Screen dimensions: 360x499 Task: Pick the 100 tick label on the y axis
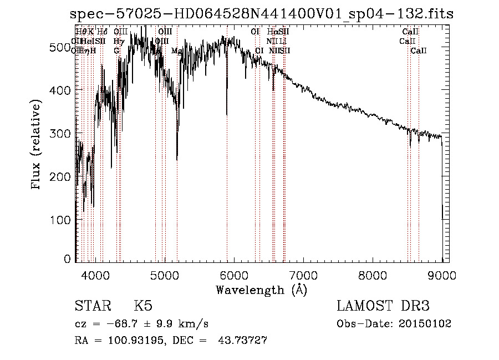pyautogui.click(x=63, y=220)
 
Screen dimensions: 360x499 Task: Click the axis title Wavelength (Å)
pyautogui.click(x=261, y=290)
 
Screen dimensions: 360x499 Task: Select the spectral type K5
pyautogui.click(x=143, y=306)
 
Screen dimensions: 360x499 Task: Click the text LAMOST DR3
pyautogui.click(x=383, y=306)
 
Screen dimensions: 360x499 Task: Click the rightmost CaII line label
pyautogui.click(x=419, y=50)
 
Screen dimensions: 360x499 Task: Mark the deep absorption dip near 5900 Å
pyautogui.click(x=227, y=114)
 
